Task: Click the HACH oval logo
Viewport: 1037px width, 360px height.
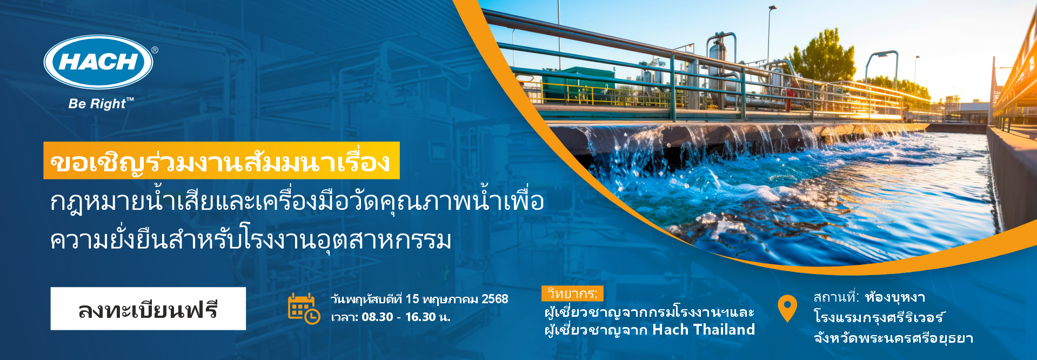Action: pos(98,62)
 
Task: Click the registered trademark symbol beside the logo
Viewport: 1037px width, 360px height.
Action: pos(155,50)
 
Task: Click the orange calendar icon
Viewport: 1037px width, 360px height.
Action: pos(304,308)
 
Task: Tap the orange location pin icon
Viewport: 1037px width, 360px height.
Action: pos(787,308)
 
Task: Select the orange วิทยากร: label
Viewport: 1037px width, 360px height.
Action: pos(572,294)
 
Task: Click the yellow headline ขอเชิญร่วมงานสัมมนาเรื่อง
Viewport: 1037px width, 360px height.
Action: pos(221,161)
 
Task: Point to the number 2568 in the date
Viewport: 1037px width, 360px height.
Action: pos(494,299)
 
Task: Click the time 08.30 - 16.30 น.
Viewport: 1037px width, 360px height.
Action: pos(406,317)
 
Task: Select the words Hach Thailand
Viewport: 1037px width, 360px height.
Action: pos(704,329)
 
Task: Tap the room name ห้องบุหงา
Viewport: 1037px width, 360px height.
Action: pos(895,297)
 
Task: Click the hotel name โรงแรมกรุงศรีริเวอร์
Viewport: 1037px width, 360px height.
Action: pos(879,317)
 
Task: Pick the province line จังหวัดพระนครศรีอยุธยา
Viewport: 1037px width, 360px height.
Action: pos(893,338)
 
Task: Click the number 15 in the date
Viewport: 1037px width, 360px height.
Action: pos(412,299)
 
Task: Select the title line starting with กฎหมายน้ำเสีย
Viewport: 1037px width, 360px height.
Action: pos(297,202)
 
